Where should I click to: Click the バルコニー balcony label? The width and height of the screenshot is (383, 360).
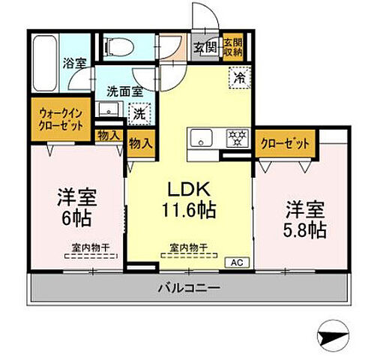point(189,286)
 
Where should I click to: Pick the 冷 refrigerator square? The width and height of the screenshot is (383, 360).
point(238,76)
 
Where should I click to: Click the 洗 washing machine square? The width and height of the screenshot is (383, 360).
point(139,115)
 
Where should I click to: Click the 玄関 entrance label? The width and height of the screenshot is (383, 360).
point(206,46)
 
